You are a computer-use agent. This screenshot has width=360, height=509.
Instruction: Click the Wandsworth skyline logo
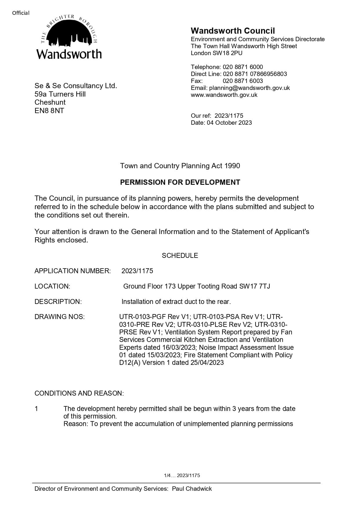(x=69, y=37)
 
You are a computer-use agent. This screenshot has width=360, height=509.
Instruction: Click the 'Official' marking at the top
(x=21, y=13)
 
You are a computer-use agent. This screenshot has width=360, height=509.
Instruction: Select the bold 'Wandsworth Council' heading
(x=233, y=31)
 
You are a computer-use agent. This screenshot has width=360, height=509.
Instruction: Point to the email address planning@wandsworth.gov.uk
(x=249, y=88)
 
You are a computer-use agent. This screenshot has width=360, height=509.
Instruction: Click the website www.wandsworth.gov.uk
(x=224, y=95)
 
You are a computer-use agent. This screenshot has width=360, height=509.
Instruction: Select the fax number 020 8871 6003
(x=243, y=81)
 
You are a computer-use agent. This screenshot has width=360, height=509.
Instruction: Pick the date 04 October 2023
(x=229, y=123)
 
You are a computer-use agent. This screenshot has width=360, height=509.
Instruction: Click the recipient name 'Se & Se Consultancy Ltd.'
(x=76, y=86)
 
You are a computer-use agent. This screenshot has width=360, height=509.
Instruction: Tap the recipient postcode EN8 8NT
(x=49, y=111)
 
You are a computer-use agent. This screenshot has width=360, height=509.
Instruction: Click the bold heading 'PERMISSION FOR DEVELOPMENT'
(x=180, y=182)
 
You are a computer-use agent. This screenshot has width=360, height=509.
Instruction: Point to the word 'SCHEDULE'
(x=180, y=256)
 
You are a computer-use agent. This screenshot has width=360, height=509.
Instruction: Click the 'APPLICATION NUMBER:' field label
(x=73, y=271)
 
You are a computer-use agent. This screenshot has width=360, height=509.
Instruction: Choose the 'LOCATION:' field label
(x=52, y=286)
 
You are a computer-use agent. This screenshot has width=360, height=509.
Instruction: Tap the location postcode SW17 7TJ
(x=254, y=286)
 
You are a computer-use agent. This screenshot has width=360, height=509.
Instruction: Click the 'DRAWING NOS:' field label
(x=59, y=317)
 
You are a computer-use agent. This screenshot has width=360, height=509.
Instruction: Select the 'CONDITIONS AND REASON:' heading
(x=79, y=393)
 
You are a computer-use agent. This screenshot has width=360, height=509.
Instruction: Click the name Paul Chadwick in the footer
(x=192, y=489)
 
